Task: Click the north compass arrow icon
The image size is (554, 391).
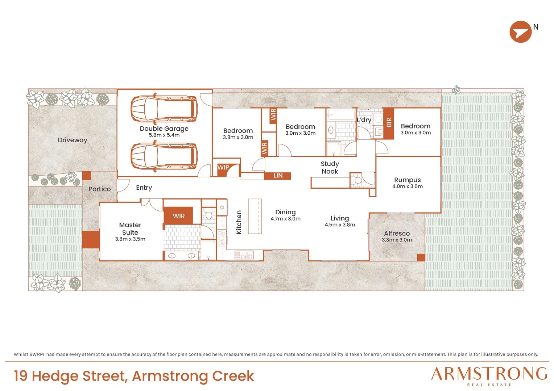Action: (x=520, y=31)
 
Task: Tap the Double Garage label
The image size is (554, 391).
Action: (x=164, y=129)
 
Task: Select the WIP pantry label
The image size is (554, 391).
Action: (x=223, y=168)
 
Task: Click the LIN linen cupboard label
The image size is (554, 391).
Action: (x=278, y=176)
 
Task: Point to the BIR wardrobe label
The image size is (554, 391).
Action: (x=389, y=122)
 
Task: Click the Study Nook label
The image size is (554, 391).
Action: (x=330, y=168)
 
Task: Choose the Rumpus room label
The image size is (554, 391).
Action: (x=407, y=180)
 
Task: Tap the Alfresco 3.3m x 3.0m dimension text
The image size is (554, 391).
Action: (x=397, y=240)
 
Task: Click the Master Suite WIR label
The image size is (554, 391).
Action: (x=179, y=216)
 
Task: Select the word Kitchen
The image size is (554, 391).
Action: (x=239, y=222)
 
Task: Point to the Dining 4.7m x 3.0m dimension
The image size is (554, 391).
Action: (x=285, y=219)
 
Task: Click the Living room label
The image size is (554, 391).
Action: (x=340, y=218)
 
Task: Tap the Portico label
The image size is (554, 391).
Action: (x=99, y=189)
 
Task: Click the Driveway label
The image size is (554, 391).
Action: (x=73, y=140)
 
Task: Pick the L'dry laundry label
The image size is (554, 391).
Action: (x=364, y=120)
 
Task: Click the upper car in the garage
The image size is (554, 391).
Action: (x=164, y=109)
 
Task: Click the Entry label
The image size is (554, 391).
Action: (x=144, y=188)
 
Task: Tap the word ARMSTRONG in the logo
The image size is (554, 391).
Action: (x=489, y=374)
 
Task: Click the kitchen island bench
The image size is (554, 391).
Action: (x=255, y=216)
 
